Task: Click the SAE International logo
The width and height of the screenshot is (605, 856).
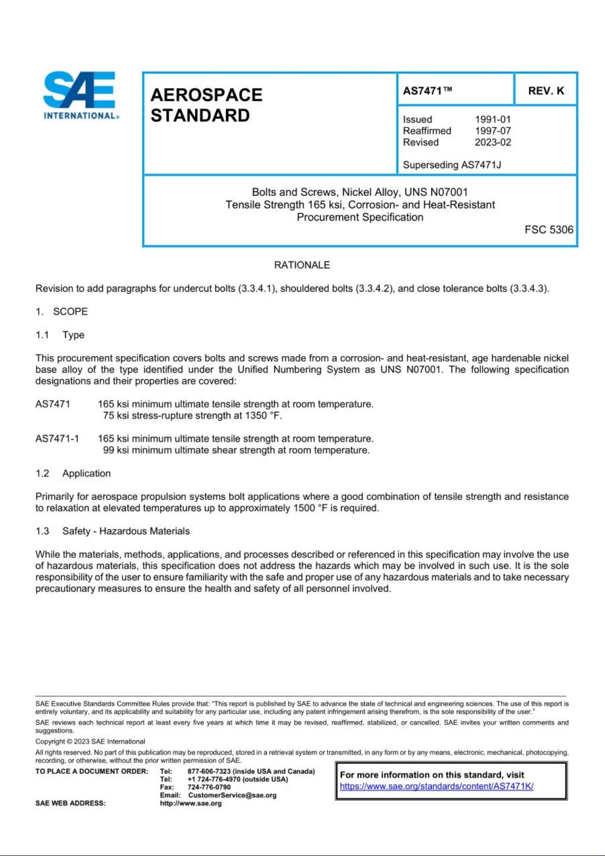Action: click(x=80, y=95)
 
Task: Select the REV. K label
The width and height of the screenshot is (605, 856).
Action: click(x=546, y=90)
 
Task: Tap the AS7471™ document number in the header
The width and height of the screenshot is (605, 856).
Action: click(x=427, y=90)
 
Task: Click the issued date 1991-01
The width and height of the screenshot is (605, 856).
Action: click(x=493, y=119)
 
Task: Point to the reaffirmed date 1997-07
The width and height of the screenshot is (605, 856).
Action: click(x=493, y=131)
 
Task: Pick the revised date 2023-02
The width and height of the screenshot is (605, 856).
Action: click(x=493, y=142)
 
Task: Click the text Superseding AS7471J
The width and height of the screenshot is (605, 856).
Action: click(x=452, y=165)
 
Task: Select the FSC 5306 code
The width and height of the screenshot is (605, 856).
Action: click(x=549, y=230)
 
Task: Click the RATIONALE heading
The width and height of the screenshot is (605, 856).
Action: click(x=302, y=265)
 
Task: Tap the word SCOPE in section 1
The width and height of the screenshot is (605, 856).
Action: click(x=70, y=311)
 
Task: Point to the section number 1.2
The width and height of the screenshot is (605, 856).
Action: click(x=42, y=473)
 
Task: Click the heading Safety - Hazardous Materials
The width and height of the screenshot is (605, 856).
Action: click(x=126, y=531)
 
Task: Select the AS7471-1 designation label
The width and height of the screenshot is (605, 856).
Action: click(x=57, y=438)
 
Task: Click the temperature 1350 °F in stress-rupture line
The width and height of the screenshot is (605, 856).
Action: click(x=262, y=416)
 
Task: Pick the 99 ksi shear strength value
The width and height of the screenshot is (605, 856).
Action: click(x=116, y=450)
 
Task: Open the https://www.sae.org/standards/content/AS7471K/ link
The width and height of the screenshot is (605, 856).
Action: click(x=436, y=786)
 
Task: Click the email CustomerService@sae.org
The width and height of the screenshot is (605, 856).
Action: click(x=232, y=795)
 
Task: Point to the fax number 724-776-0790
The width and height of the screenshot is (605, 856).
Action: click(x=209, y=787)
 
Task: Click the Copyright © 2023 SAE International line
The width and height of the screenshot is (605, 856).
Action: click(x=90, y=741)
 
